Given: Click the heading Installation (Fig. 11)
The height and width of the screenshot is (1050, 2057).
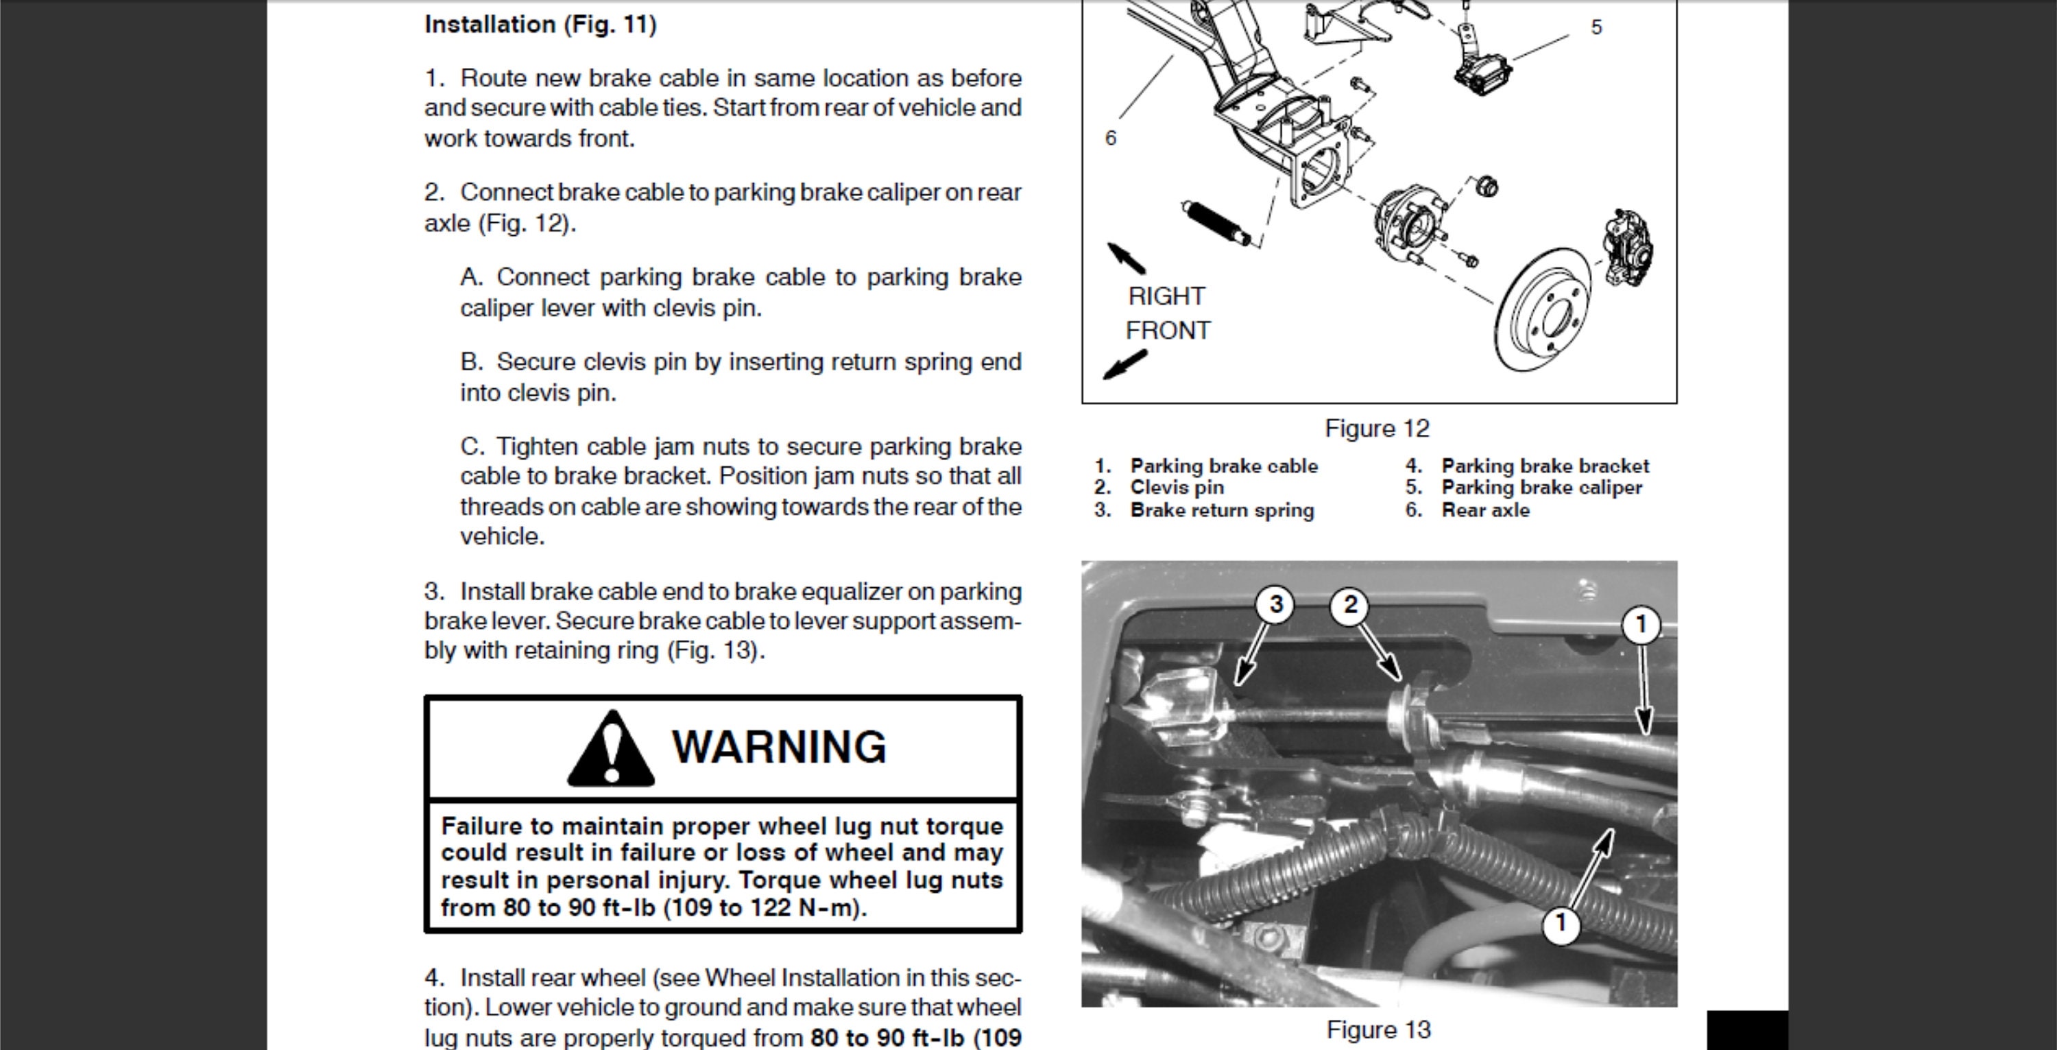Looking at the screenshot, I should [540, 25].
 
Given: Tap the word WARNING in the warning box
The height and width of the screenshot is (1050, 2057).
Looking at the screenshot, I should [778, 748].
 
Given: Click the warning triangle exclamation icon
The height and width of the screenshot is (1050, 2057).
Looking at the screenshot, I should [611, 749].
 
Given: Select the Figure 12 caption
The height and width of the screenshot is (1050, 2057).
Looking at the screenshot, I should [1377, 429].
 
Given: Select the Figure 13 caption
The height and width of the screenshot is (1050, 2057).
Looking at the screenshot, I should [1378, 1029].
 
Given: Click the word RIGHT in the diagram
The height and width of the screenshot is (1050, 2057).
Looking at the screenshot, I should [1166, 296].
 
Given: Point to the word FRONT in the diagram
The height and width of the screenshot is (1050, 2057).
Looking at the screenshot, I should [1168, 331].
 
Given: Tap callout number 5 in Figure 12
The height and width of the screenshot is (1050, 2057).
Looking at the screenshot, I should [1596, 27].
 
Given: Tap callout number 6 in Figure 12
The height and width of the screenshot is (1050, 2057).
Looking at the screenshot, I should [1110, 138].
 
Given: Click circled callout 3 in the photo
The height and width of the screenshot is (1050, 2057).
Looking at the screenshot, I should [1275, 604].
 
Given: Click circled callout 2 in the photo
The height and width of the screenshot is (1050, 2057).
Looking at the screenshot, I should [1349, 604].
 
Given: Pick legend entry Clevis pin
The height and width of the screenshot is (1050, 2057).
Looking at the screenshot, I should [1176, 488].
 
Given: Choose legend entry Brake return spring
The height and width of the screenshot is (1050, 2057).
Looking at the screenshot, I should [1221, 510].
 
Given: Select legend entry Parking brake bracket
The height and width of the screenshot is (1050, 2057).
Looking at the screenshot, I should [1544, 466].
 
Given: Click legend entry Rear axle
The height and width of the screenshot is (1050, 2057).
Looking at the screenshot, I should [1485, 510].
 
